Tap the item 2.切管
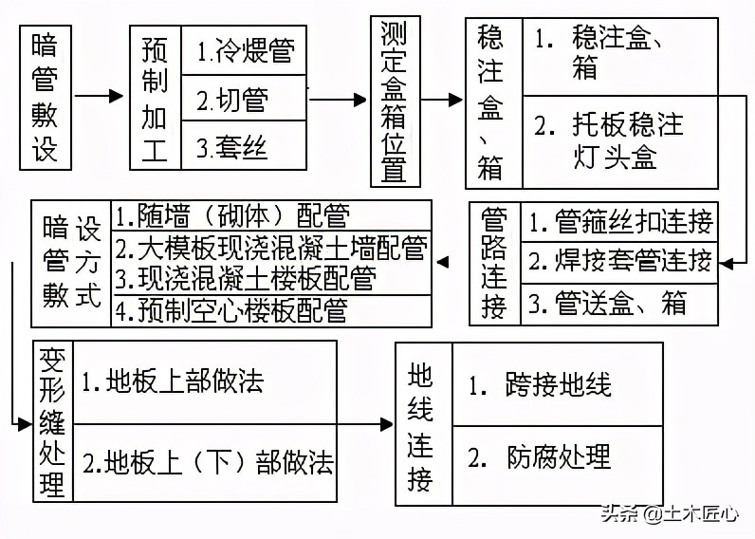coord(232,99)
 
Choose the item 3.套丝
coord(232,146)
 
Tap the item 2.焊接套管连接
coord(620,260)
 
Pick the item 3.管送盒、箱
coord(607,304)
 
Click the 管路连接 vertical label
coord(494,263)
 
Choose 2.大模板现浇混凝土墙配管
coord(270,249)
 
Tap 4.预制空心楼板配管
coord(231,310)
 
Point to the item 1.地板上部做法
coord(173,382)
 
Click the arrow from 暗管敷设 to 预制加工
coord(100,97)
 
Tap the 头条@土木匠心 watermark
coord(668,514)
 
